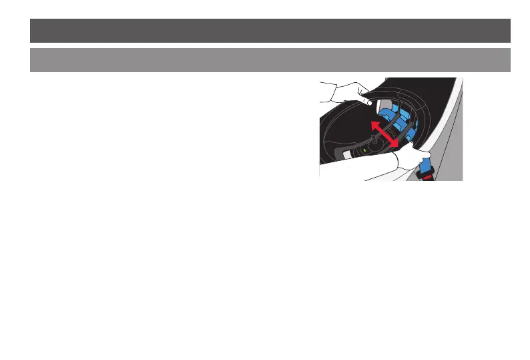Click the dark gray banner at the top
coord(270,31)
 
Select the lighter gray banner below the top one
coord(270,59)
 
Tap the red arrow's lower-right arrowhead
coord(394,143)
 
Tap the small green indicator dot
coord(364,151)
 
